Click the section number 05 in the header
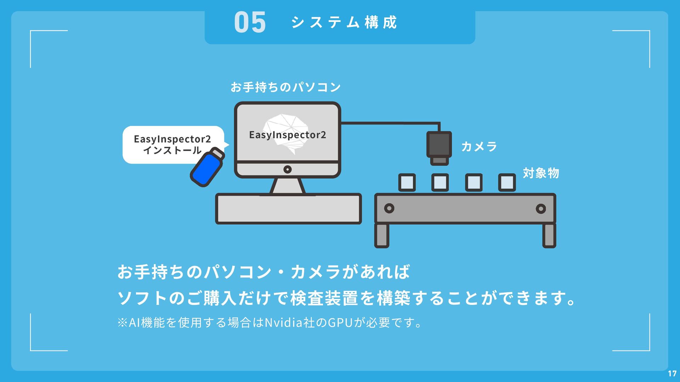(x=250, y=22)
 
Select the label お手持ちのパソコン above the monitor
(x=285, y=87)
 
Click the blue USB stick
(x=207, y=167)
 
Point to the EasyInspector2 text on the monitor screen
(x=287, y=135)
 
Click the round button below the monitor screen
(x=288, y=169)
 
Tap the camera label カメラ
(x=479, y=146)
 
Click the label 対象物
(x=541, y=173)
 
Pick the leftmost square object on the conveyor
(x=407, y=183)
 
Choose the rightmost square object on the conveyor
(x=507, y=183)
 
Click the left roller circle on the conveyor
(x=389, y=208)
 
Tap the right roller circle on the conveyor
(x=541, y=209)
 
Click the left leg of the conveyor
(x=382, y=235)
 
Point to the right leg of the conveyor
(x=549, y=235)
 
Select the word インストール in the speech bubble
(x=172, y=150)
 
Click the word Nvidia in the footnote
(x=283, y=323)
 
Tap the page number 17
(x=672, y=374)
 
